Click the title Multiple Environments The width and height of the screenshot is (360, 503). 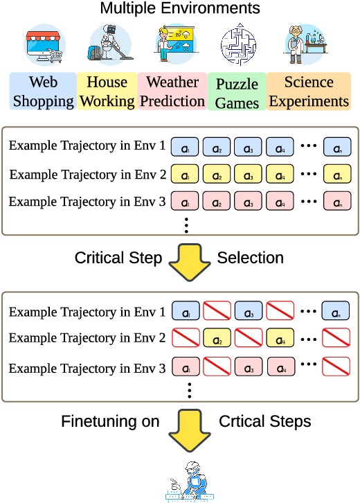(x=180, y=9)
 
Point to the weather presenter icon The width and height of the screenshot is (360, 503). (x=173, y=44)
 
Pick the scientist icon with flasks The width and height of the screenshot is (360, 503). (x=305, y=44)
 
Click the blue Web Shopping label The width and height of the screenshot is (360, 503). (x=42, y=91)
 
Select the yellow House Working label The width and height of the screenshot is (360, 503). (x=107, y=91)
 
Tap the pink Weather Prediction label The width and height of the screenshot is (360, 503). (x=172, y=91)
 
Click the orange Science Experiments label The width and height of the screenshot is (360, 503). (x=309, y=91)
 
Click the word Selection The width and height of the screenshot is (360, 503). (x=250, y=258)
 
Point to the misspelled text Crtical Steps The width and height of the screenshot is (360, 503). (x=264, y=421)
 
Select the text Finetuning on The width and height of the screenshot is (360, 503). (x=109, y=421)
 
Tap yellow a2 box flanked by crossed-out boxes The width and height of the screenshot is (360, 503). (x=216, y=339)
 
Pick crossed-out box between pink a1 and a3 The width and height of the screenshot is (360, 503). (x=216, y=367)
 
